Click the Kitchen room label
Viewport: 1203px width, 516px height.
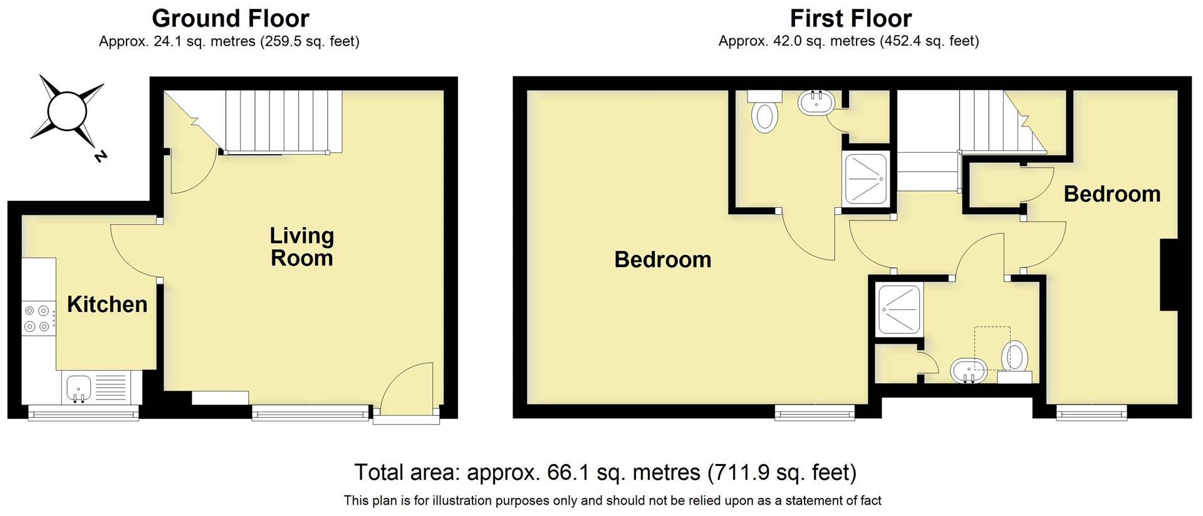(x=107, y=304)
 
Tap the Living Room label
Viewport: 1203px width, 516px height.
(x=301, y=247)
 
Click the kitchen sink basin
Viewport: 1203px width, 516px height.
(x=78, y=386)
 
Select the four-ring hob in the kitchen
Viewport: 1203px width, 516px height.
(x=37, y=318)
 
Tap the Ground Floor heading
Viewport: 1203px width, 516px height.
(x=230, y=19)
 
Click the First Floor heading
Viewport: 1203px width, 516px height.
(x=850, y=19)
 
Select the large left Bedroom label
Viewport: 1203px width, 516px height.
(x=662, y=259)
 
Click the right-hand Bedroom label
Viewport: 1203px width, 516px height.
(x=1112, y=194)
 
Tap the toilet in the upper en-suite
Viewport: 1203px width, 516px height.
(x=764, y=116)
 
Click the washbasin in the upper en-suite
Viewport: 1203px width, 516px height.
(x=815, y=103)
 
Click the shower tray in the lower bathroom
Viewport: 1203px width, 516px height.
(x=899, y=309)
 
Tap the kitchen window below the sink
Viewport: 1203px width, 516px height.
(x=83, y=413)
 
